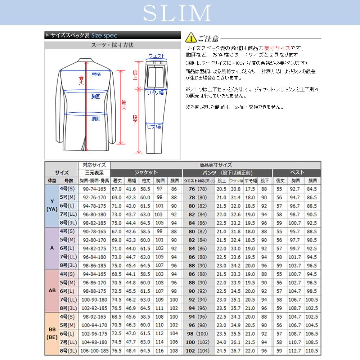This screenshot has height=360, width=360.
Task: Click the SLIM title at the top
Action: click(177, 14)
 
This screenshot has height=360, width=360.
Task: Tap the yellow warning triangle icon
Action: click(191, 37)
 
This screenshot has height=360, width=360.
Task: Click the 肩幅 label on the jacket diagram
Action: click(96, 74)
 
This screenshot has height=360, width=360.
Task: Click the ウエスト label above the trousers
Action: click(156, 56)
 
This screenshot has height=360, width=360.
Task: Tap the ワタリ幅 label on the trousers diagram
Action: click(155, 93)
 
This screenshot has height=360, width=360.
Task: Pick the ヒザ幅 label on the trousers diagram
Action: click(154, 126)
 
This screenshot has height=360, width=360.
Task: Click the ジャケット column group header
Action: click(146, 172)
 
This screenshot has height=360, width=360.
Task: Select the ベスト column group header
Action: click(297, 172)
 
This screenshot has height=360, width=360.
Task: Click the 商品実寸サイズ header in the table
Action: click(216, 165)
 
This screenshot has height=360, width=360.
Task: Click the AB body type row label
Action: click(52, 290)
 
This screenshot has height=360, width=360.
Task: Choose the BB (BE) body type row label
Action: click(52, 333)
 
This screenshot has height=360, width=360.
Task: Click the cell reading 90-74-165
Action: click(94, 189)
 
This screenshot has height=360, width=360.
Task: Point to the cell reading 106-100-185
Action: click(94, 350)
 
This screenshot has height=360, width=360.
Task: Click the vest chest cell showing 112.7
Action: click(295, 350)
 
